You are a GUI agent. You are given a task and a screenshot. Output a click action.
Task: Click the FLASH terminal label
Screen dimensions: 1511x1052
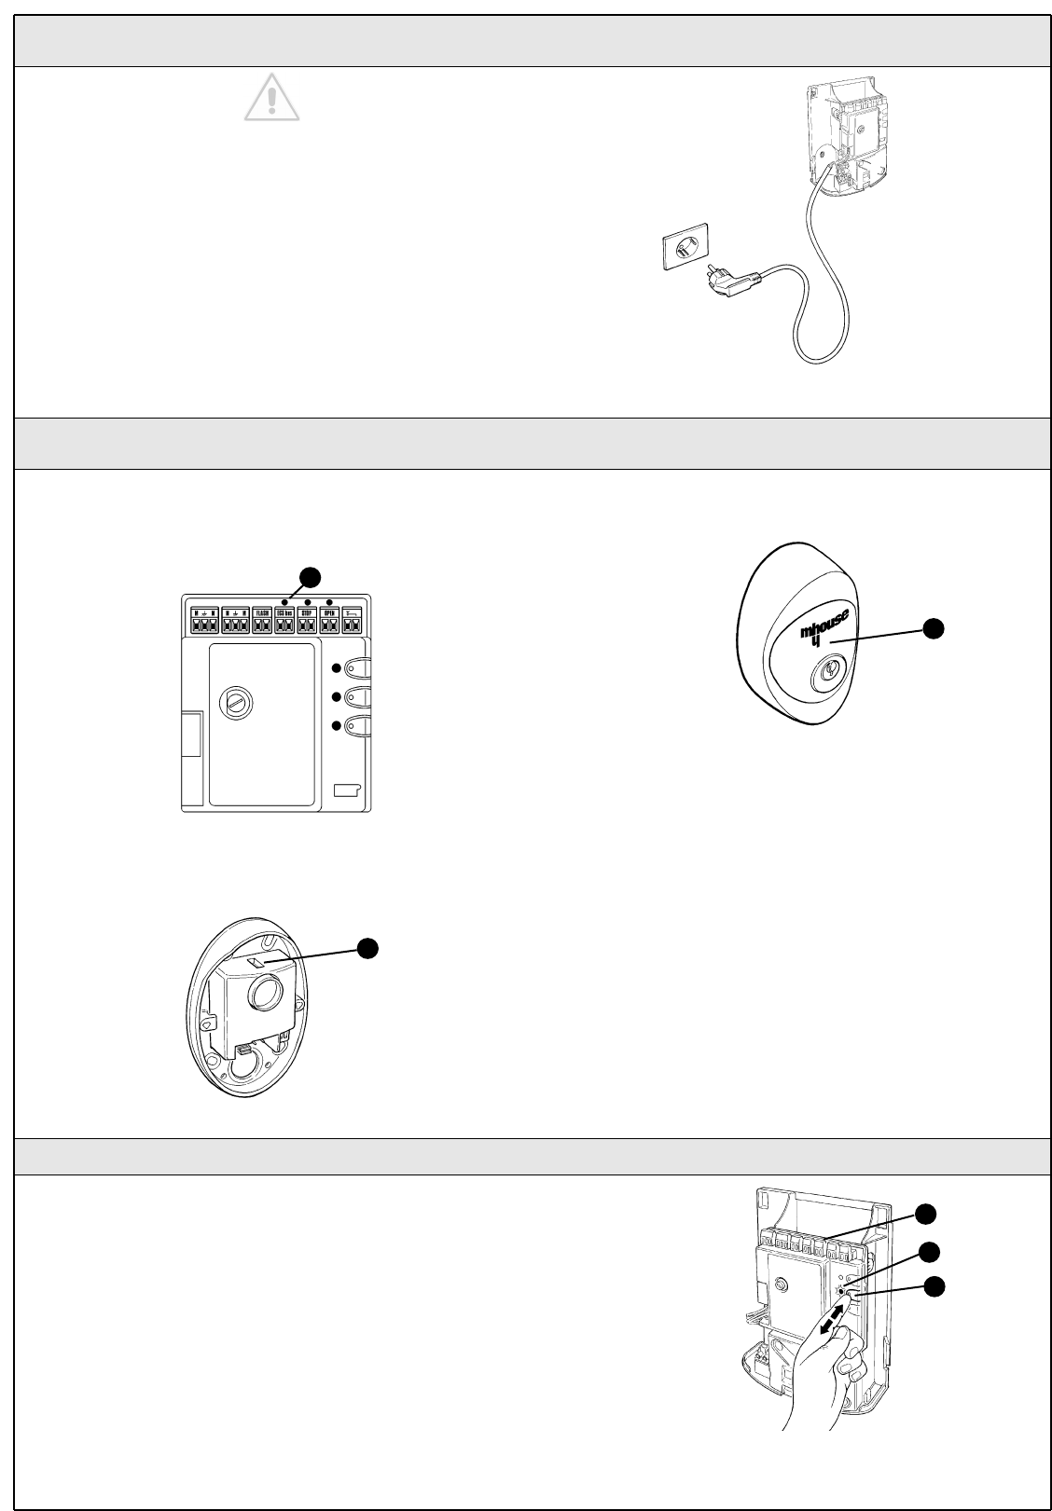point(262,613)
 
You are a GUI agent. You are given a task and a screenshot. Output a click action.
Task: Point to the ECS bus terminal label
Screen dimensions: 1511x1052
point(284,613)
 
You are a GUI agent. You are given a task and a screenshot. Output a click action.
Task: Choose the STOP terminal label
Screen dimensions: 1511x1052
point(307,613)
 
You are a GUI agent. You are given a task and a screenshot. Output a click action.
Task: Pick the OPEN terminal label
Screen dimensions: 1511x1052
point(329,613)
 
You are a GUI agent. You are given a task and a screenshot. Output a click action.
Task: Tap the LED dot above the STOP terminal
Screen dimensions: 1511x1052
point(308,602)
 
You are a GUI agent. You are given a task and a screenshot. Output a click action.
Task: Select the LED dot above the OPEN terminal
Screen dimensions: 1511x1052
point(330,602)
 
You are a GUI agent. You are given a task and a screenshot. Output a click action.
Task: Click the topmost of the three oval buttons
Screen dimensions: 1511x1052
point(356,667)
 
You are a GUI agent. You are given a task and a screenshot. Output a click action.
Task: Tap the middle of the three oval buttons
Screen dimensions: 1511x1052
point(356,696)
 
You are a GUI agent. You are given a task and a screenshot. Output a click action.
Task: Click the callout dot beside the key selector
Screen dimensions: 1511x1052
point(933,629)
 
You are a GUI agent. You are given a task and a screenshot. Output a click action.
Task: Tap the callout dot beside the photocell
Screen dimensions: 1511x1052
point(368,947)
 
